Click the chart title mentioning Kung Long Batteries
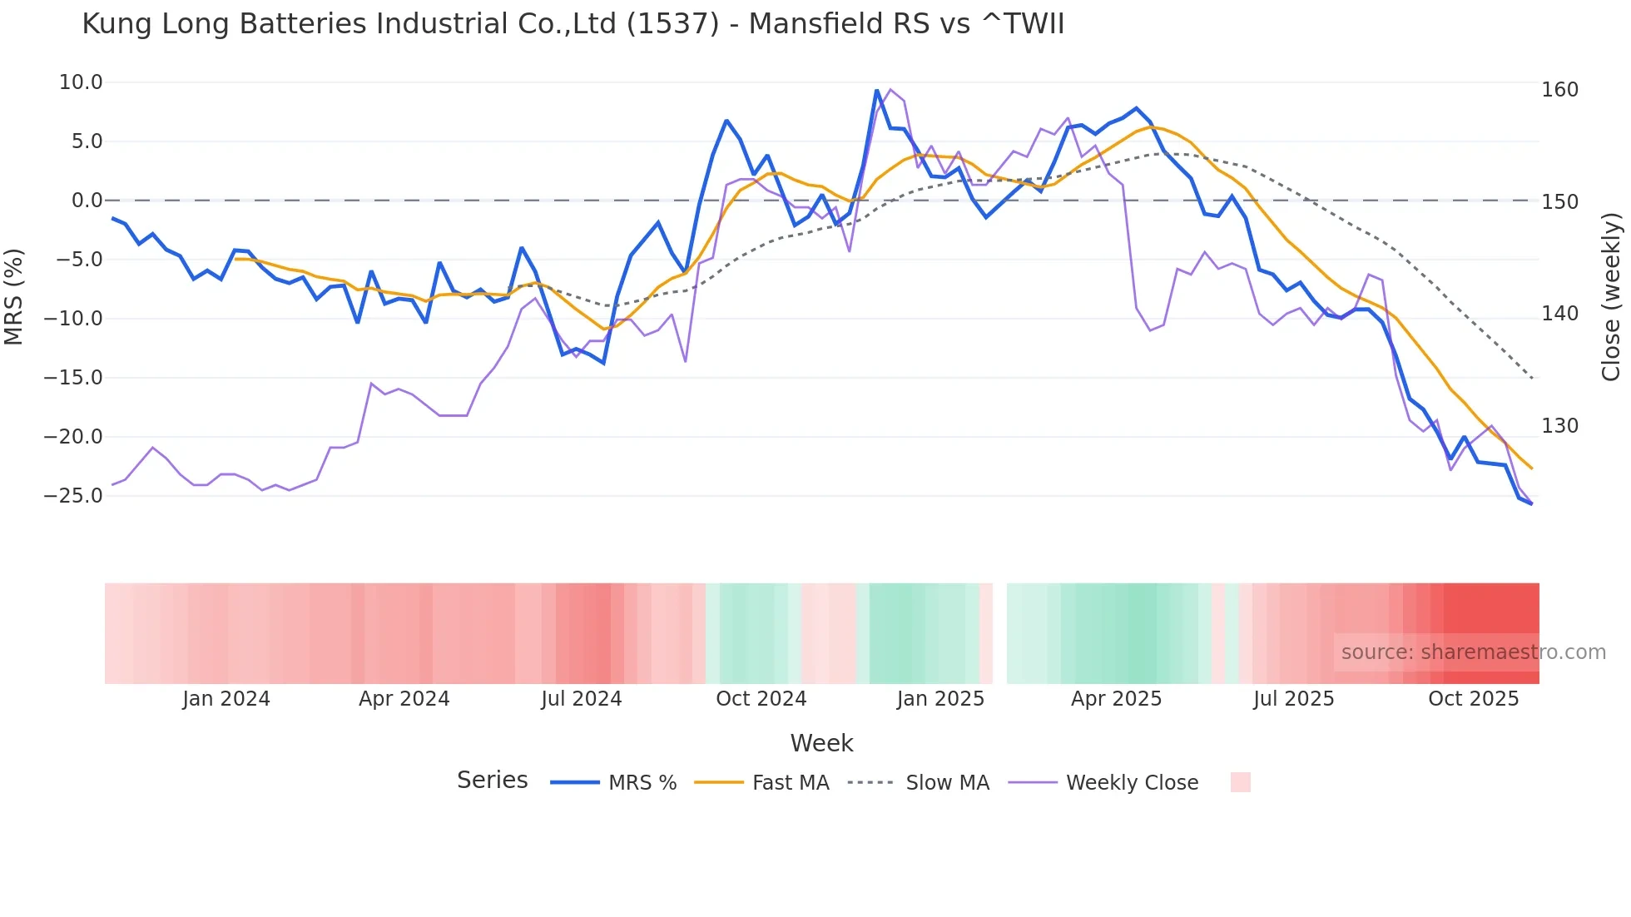[x=573, y=23]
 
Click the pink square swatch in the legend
[x=1240, y=782]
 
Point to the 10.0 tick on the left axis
[x=81, y=82]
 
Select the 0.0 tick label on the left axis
[x=87, y=201]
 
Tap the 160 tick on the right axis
[x=1559, y=90]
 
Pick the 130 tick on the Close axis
[x=1559, y=426]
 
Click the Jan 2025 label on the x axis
[x=940, y=699]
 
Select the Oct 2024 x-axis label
[x=761, y=699]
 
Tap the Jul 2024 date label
[x=581, y=699]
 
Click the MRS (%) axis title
[x=13, y=296]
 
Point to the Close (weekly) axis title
[x=1611, y=296]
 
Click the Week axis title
[x=821, y=743]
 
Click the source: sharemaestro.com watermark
[x=1473, y=652]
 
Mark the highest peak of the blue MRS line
[x=876, y=91]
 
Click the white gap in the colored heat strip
[x=999, y=633]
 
